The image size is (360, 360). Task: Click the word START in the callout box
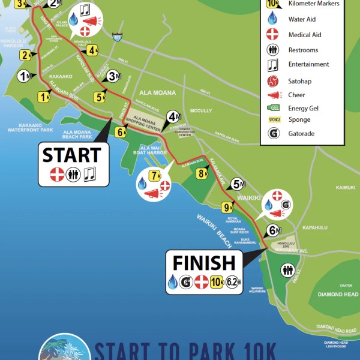71,155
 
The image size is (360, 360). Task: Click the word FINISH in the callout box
204,263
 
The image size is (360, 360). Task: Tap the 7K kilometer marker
155,176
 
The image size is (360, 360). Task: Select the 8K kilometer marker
202,174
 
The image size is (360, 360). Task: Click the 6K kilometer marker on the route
121,132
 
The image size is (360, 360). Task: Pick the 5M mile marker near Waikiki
239,184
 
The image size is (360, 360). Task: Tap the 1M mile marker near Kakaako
25,76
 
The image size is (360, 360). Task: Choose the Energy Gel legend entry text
307,109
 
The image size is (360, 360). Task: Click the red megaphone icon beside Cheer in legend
274,95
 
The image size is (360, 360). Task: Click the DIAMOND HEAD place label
337,295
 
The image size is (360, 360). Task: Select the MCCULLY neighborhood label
201,110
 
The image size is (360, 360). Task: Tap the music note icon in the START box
89,174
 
